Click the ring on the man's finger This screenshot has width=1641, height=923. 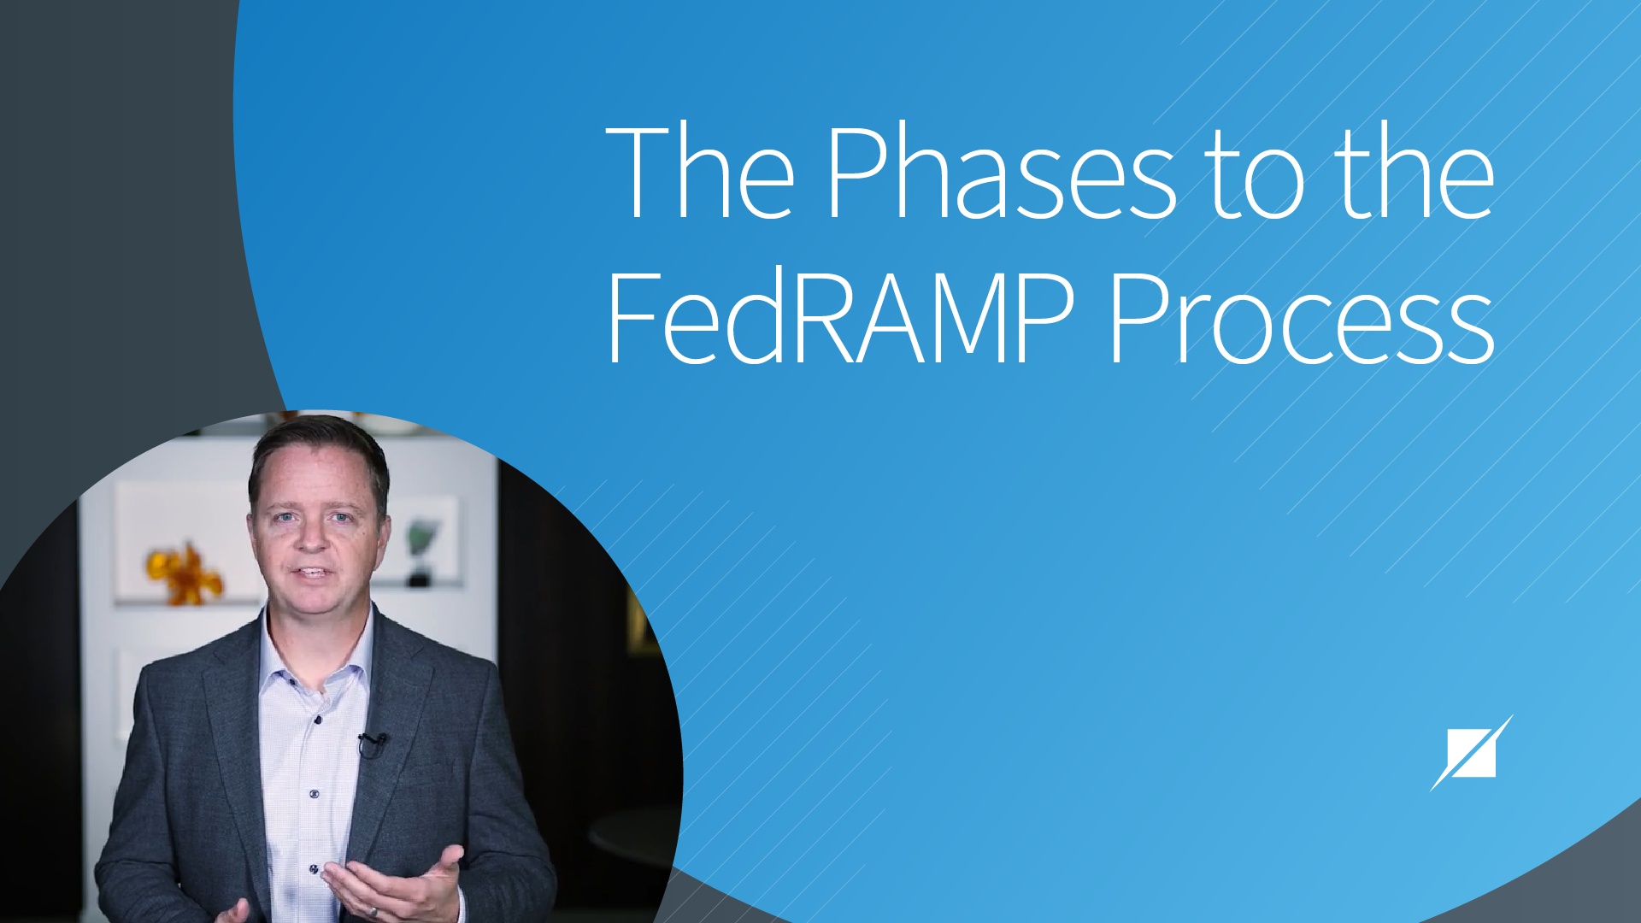pos(373,912)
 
